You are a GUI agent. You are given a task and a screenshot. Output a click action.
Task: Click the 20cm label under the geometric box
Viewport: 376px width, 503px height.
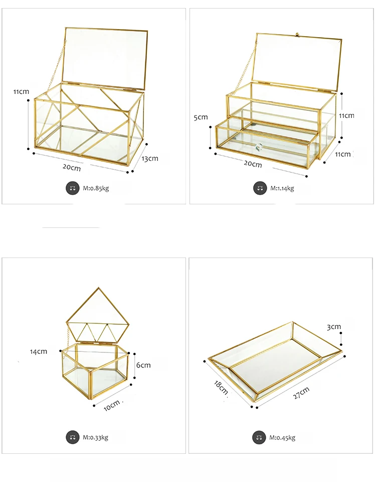point(72,168)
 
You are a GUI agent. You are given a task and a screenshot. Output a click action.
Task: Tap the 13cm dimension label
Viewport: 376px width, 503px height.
point(149,159)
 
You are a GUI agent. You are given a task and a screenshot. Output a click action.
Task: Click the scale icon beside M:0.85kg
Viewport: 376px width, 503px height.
point(73,188)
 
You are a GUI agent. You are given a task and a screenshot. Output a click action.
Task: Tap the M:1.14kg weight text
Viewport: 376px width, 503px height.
point(282,188)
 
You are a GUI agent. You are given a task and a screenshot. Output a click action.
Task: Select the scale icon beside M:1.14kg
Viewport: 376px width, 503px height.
point(260,188)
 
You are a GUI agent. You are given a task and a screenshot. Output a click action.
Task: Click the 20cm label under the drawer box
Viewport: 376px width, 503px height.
point(253,164)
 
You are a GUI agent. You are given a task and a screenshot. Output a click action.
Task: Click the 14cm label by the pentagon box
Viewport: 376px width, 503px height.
point(38,351)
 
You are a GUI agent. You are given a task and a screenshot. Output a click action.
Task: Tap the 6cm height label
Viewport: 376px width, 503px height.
point(143,365)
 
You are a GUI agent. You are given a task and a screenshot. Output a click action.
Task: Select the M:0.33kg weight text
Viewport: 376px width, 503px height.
point(95,437)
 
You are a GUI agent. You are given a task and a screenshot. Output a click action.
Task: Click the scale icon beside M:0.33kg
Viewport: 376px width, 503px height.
point(73,437)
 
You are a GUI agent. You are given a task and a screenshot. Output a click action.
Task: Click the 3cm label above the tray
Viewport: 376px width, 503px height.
point(334,327)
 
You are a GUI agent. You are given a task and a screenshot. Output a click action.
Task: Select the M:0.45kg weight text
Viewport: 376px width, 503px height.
point(282,437)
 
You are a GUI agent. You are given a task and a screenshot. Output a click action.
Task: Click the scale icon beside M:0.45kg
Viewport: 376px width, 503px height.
point(260,437)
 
